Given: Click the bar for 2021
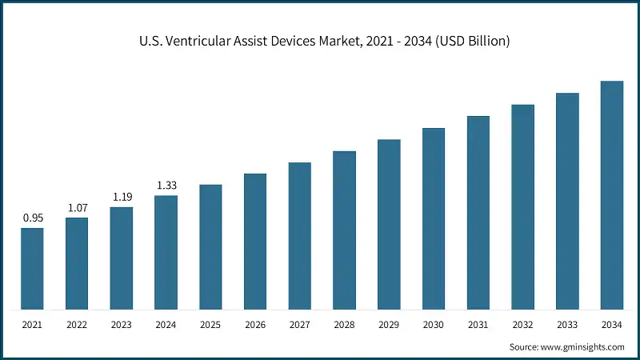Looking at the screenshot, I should click(32, 269).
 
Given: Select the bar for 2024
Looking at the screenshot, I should click(166, 252).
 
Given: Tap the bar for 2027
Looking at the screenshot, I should click(299, 236).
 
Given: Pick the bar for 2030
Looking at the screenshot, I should click(434, 218).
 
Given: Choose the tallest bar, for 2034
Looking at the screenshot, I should click(612, 195).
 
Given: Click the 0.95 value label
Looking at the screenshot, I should click(32, 218).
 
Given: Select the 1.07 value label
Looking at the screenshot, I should click(77, 208).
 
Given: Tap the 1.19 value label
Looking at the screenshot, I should click(122, 197).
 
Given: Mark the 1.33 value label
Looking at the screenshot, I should click(166, 186).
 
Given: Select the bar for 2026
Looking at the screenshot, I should click(255, 242).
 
